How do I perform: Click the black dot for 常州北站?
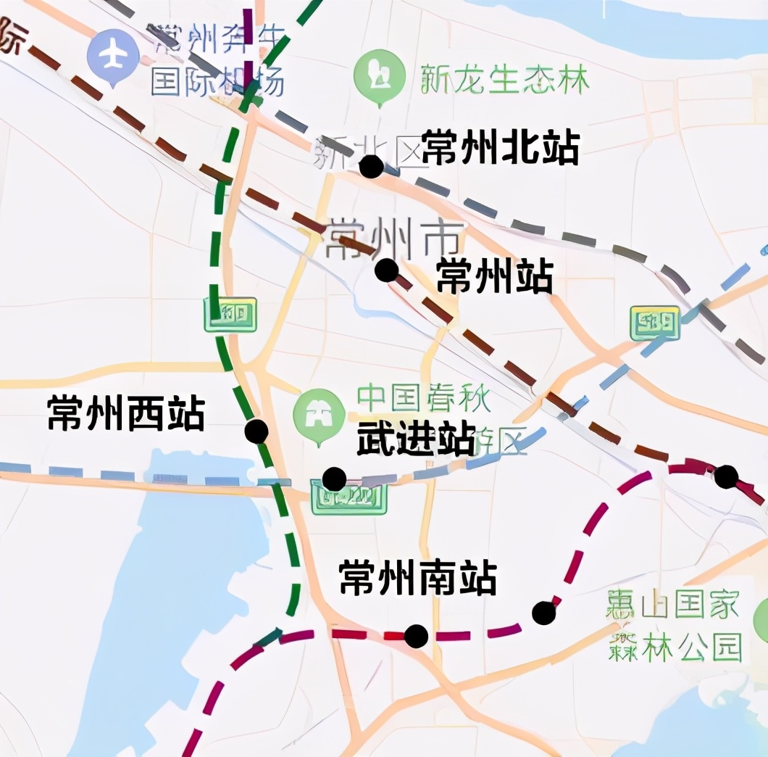pyautogui.click(x=371, y=166)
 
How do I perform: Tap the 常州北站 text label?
pyautogui.click(x=500, y=148)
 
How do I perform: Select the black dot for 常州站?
pyautogui.click(x=386, y=270)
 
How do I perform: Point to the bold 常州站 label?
pyautogui.click(x=495, y=277)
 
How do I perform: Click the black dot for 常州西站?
pyautogui.click(x=256, y=431)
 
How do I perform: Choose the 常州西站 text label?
pyautogui.click(x=126, y=413)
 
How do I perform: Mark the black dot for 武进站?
pyautogui.click(x=334, y=479)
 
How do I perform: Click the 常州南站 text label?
pyautogui.click(x=418, y=578)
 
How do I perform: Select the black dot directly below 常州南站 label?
pyautogui.click(x=416, y=636)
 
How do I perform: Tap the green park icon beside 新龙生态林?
pyautogui.click(x=378, y=74)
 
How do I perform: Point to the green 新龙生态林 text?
pyautogui.click(x=505, y=80)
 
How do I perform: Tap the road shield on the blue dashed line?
pyautogui.click(x=655, y=323)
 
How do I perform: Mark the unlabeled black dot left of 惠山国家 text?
pyautogui.click(x=543, y=613)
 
